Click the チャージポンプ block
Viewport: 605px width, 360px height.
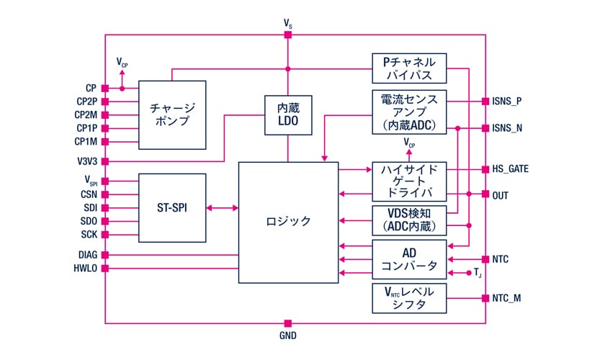pos(171,114)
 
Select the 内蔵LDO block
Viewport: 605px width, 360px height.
pos(288,115)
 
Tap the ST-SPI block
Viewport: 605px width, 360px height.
pos(171,208)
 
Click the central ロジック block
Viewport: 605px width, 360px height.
pos(288,222)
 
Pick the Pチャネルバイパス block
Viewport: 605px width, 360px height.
pos(408,69)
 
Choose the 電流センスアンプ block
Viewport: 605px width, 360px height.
pos(408,111)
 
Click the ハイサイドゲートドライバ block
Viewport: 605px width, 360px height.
pos(408,181)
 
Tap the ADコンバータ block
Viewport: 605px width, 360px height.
pos(408,259)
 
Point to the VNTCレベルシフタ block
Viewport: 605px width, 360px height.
pos(408,298)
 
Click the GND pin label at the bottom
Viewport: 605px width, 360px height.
pos(287,336)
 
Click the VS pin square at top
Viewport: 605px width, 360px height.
pos(288,35)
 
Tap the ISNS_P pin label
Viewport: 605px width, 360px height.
pos(507,102)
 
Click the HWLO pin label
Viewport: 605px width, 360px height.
pos(85,268)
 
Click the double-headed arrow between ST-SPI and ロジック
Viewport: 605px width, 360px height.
pos(222,208)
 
